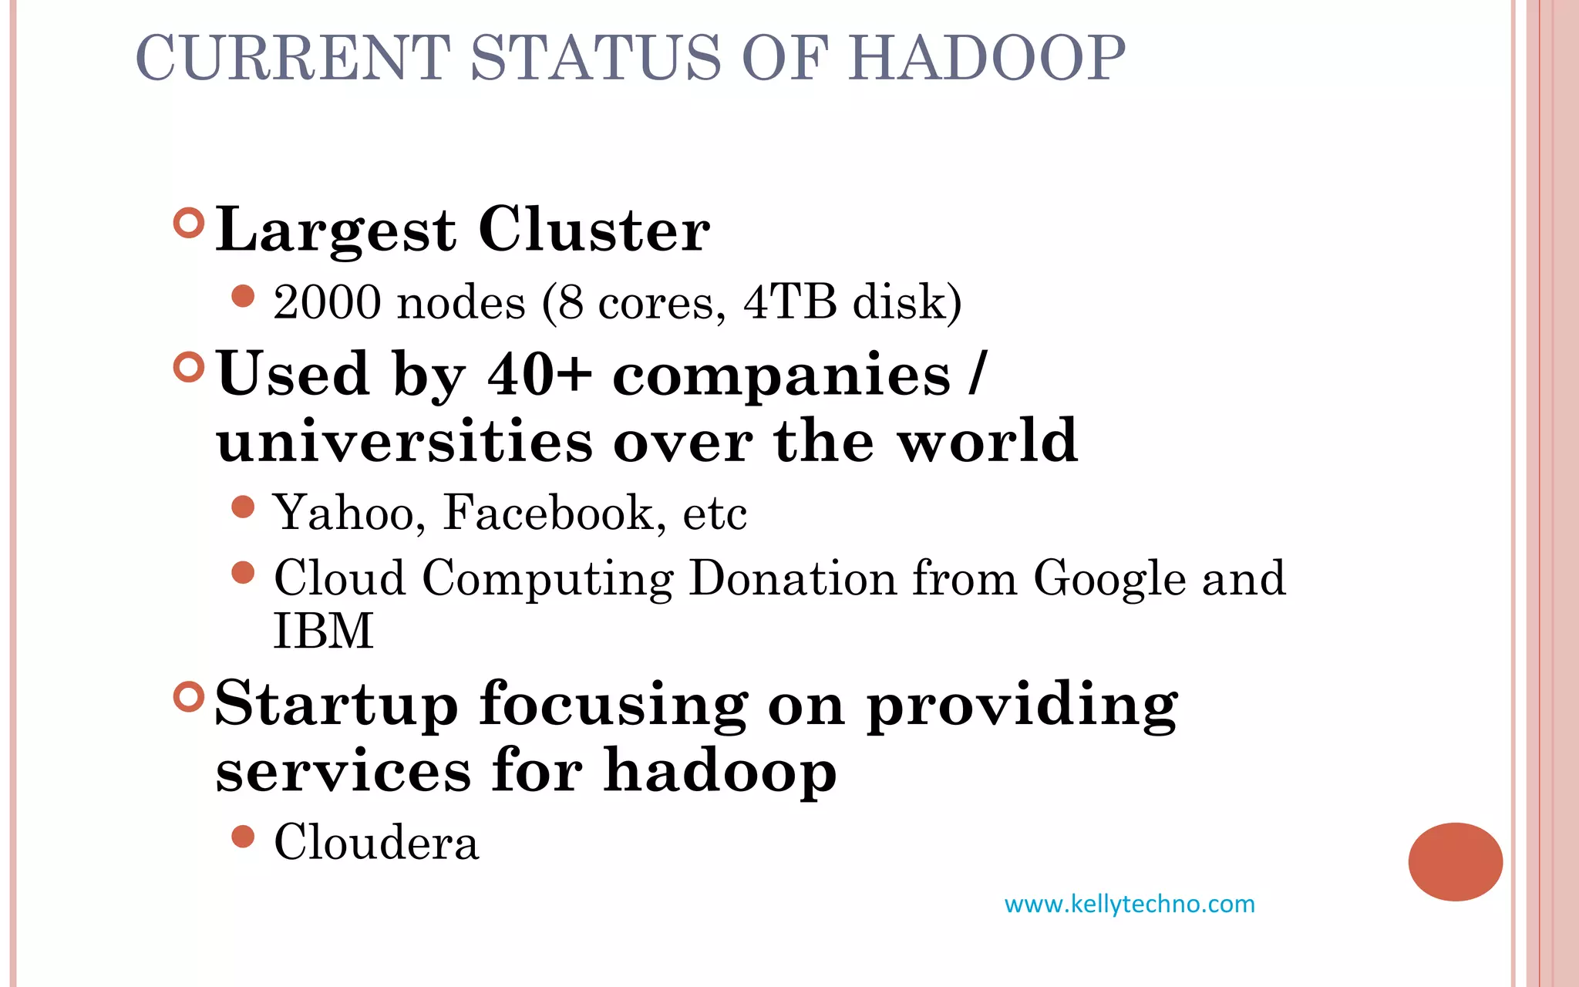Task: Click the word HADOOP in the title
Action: [987, 58]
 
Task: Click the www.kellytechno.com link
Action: [1130, 904]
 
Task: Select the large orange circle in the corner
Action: [1455, 861]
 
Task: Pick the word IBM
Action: [324, 631]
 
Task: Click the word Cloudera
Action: [377, 842]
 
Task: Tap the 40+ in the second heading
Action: [539, 374]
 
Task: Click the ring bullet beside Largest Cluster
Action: [189, 224]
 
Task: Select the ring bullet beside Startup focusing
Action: [189, 697]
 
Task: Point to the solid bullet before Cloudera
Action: [243, 837]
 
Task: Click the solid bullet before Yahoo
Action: [243, 507]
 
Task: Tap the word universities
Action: [405, 441]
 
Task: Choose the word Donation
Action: [793, 578]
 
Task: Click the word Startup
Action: [337, 705]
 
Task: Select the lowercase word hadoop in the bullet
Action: [720, 770]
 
